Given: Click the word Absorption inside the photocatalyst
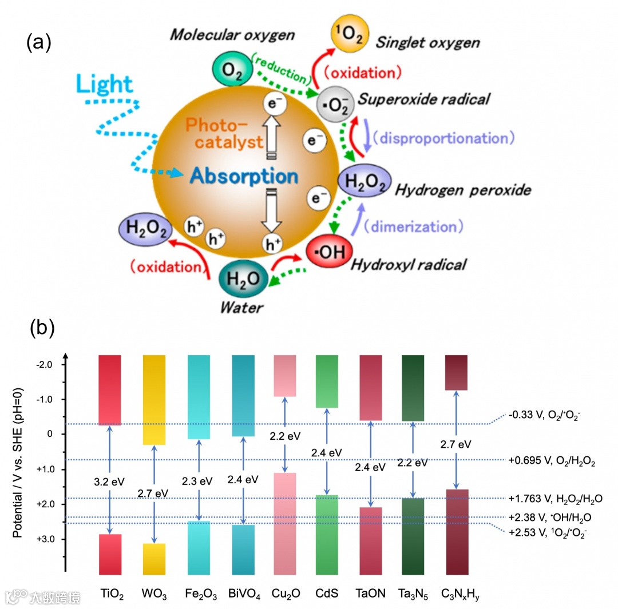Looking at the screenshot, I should tap(244, 176).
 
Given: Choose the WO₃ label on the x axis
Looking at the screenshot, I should tap(154, 595).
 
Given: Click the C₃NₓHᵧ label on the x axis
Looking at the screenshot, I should tap(460, 595).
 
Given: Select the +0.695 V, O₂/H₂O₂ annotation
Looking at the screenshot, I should tap(551, 460).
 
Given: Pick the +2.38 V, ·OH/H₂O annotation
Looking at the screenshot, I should tap(549, 517).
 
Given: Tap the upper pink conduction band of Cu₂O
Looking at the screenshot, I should tap(284, 375).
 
